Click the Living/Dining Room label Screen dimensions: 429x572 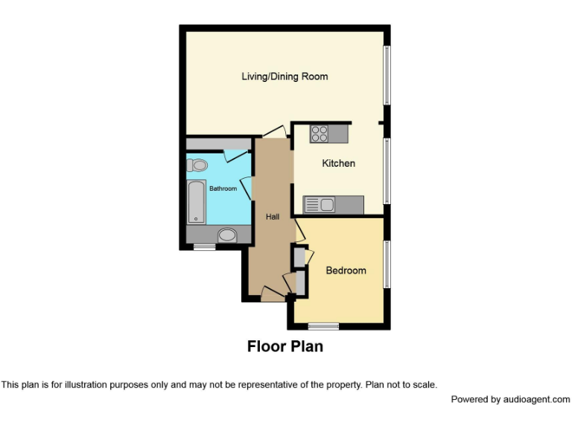(285, 77)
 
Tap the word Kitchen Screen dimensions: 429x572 (338, 163)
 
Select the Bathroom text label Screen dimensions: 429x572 (223, 189)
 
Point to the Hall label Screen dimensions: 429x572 (273, 217)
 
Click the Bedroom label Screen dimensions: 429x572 (346, 270)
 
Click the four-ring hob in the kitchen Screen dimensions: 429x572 (320, 134)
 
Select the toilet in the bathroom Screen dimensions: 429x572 (197, 165)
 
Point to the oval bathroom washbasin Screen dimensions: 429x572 (226, 235)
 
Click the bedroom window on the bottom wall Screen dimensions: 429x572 (323, 325)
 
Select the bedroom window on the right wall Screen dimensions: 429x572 (387, 264)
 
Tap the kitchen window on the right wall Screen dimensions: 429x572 (387, 171)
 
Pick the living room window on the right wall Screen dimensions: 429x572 (387, 75)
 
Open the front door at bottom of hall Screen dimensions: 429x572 (273, 296)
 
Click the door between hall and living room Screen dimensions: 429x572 (273, 132)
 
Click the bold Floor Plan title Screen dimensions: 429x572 (285, 346)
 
